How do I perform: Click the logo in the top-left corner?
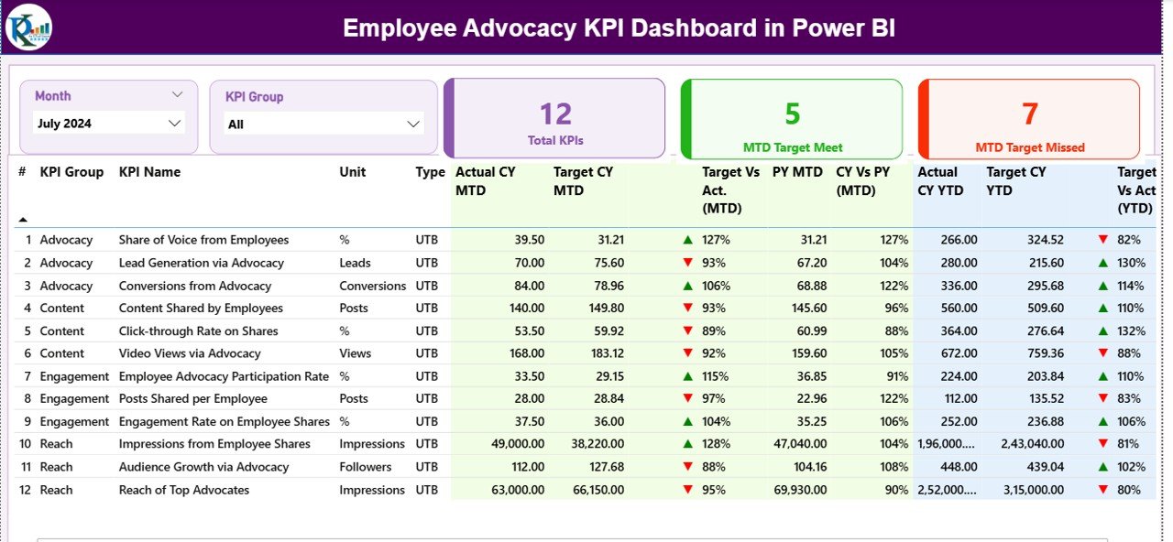(x=28, y=27)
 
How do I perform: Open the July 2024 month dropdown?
(x=108, y=123)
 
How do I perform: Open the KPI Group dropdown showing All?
(x=323, y=124)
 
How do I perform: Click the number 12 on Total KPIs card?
(x=555, y=114)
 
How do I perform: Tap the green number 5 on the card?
(x=793, y=114)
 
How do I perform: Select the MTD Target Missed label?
(x=1029, y=147)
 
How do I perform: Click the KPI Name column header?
(x=149, y=172)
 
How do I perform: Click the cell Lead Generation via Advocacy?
(x=201, y=263)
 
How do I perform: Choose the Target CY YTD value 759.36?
(x=1045, y=353)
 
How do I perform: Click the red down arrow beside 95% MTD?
(x=687, y=490)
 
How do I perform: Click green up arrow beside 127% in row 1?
(x=687, y=240)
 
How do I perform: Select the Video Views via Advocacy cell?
(x=190, y=353)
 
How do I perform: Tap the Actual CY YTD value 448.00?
(x=958, y=467)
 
